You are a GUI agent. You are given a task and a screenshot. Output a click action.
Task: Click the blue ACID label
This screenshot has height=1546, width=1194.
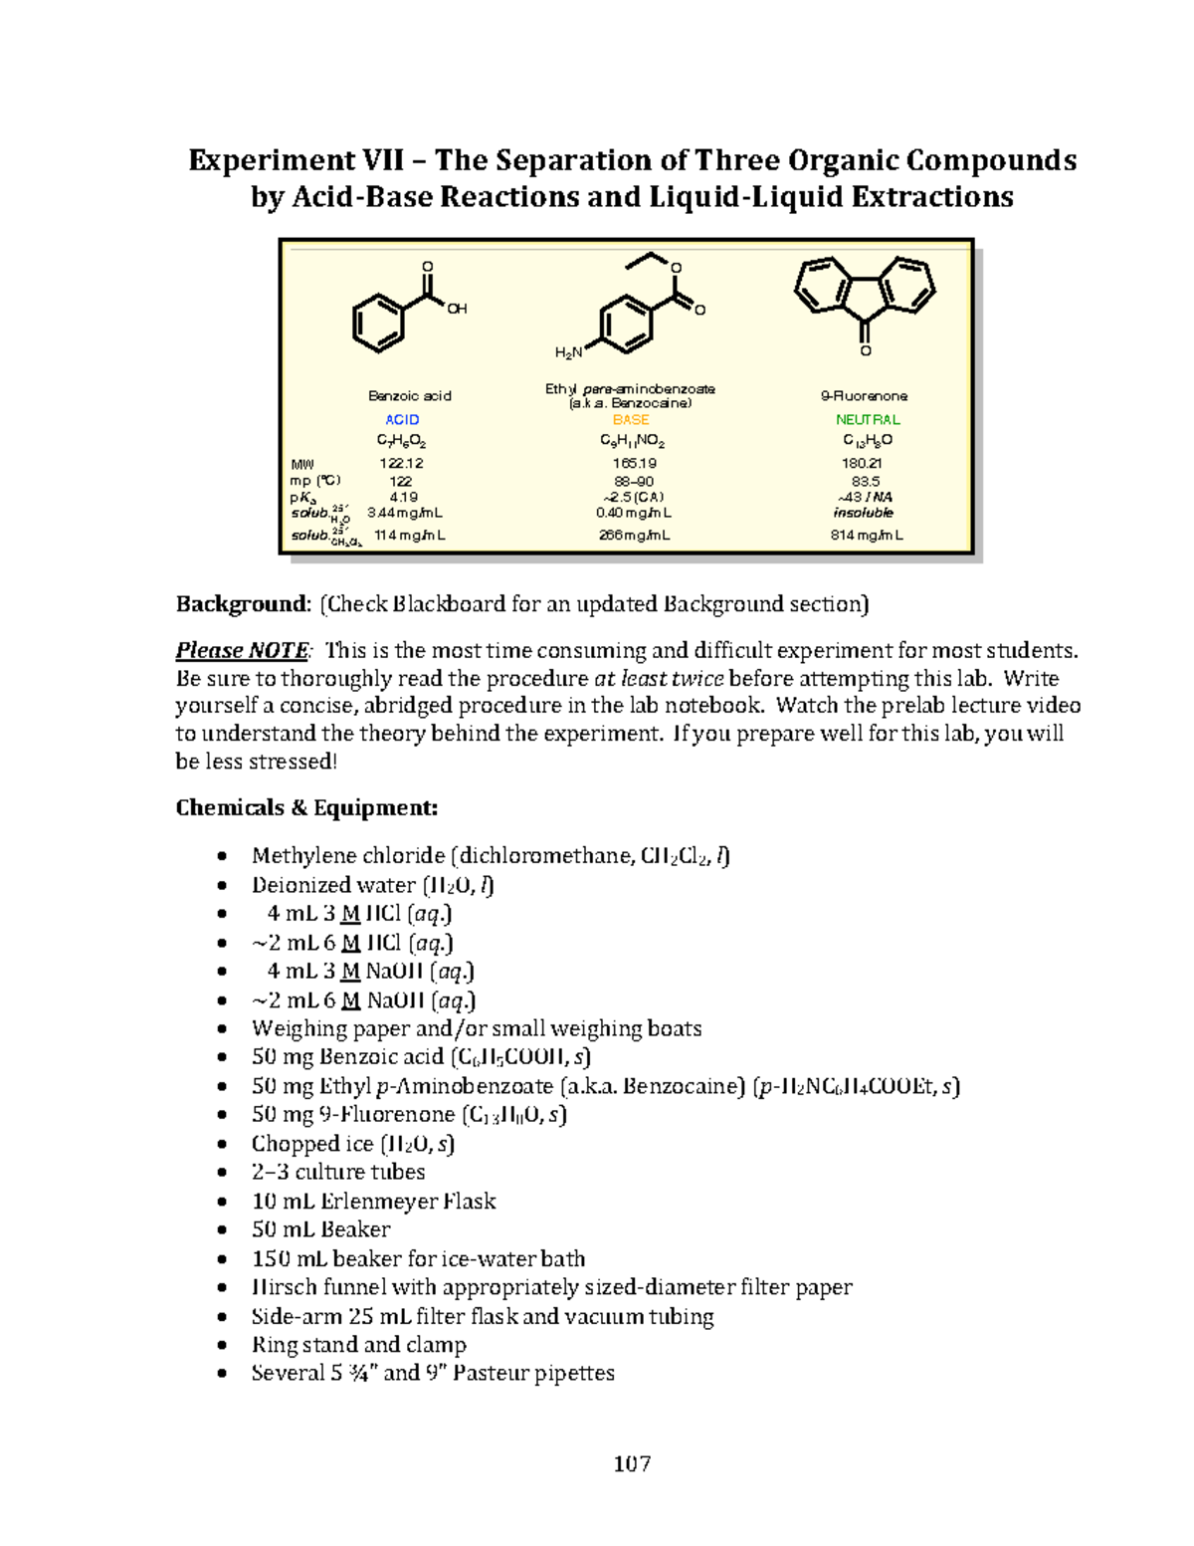402,420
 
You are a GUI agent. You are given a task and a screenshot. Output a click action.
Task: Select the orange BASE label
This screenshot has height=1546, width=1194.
631,420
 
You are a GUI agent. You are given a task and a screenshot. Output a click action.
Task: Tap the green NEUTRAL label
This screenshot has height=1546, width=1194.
868,420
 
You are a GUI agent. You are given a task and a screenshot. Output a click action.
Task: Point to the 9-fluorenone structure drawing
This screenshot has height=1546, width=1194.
865,298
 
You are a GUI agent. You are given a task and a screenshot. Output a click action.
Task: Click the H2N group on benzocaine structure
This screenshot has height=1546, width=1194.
568,352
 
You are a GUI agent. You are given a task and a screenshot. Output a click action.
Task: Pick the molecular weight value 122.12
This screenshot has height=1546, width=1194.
401,463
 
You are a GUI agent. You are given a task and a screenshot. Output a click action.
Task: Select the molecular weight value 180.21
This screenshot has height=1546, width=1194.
861,463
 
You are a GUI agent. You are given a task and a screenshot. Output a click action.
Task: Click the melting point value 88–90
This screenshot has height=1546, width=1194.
634,481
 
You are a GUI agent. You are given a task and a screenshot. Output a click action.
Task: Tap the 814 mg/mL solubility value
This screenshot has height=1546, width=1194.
867,536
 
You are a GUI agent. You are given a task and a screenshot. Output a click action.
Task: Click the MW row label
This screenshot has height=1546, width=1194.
301,464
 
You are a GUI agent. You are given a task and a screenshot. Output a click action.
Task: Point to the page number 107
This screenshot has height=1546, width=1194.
632,1463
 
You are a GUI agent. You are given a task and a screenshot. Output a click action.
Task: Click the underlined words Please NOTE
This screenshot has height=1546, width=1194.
242,651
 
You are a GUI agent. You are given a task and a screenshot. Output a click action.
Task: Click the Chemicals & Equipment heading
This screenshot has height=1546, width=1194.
306,807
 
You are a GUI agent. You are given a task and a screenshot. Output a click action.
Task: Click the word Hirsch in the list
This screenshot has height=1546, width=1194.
282,1287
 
